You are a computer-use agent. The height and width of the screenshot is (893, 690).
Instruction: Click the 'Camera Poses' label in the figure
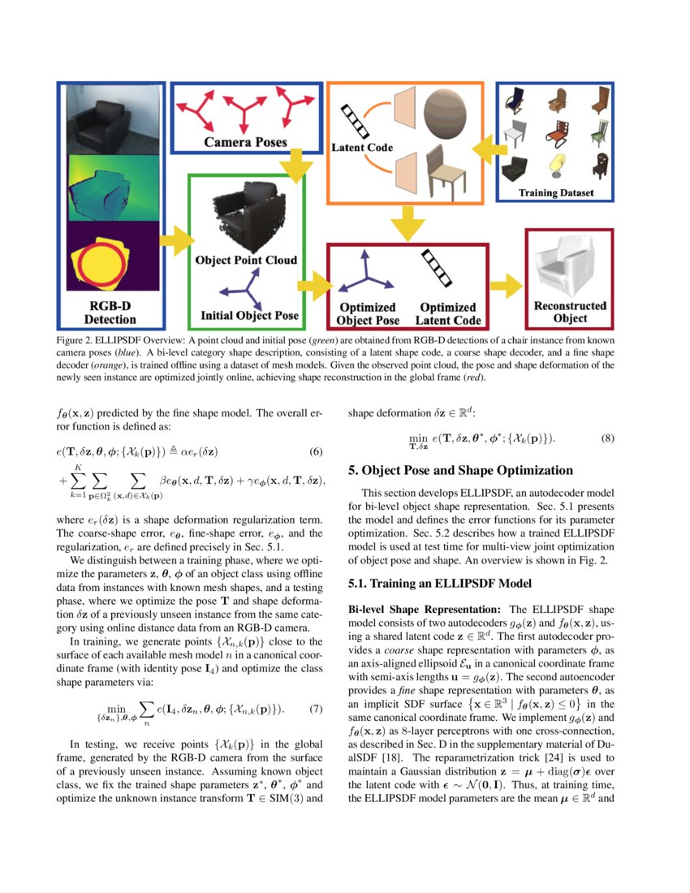coord(244,142)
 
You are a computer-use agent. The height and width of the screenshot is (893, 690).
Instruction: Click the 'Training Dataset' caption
coord(556,193)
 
